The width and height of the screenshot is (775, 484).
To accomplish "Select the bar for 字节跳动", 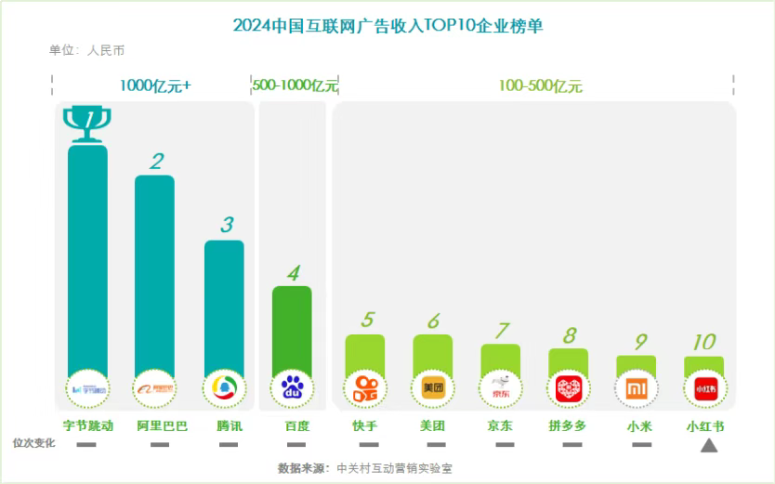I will tap(87, 260).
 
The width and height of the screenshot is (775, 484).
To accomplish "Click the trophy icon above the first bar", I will tap(87, 123).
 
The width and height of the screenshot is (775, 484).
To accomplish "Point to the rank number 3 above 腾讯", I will tap(226, 225).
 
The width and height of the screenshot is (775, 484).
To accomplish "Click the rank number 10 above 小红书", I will tap(703, 342).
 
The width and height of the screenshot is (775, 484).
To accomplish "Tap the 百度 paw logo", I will tap(292, 387).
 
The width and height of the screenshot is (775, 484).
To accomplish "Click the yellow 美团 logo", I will tap(432, 387).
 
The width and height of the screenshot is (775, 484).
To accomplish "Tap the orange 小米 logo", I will tap(636, 387).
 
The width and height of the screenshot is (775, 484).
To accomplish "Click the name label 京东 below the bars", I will tap(500, 426).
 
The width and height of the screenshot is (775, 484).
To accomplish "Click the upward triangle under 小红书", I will tap(708, 446).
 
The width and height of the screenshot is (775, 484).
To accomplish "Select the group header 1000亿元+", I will tap(155, 85).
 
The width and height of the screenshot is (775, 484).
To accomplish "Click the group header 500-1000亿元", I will tap(295, 85).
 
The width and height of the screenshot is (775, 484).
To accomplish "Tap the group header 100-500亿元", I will tap(540, 85).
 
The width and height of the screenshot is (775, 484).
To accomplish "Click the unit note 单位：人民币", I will tap(86, 50).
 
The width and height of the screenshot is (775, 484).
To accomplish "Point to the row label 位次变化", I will tap(33, 443).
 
